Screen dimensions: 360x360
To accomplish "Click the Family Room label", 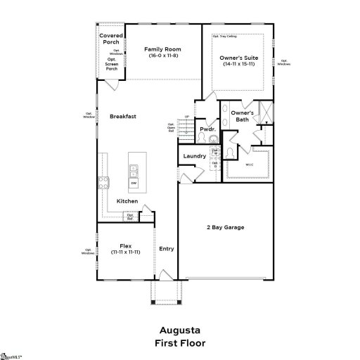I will (163, 49).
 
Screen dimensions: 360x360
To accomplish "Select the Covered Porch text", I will (111, 38).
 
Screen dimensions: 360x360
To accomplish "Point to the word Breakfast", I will (122, 116).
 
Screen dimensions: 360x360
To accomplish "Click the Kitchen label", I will (127, 201).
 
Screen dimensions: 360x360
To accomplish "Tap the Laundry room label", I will (194, 156).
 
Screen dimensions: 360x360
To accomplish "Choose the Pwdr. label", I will (207, 129).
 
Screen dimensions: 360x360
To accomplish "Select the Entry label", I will (167, 248).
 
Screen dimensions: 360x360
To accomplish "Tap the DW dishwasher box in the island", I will (134, 183).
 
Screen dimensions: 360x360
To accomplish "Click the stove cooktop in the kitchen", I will (103, 183).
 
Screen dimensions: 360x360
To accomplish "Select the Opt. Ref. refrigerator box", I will (131, 218).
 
